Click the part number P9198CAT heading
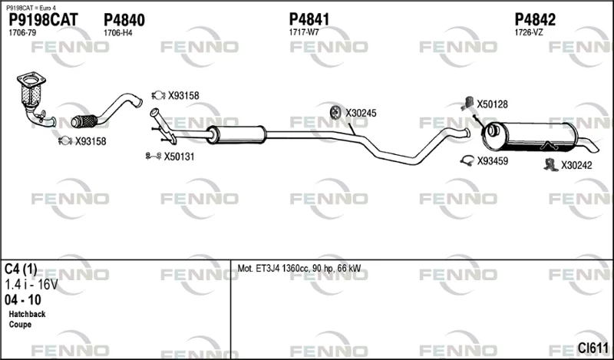click(44, 20)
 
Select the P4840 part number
click(124, 20)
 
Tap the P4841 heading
click(309, 19)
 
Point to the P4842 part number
click(535, 19)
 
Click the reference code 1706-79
click(22, 33)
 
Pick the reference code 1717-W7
click(304, 32)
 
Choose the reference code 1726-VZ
click(529, 32)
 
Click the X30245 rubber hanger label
click(361, 113)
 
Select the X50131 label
click(179, 157)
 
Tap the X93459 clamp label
click(492, 161)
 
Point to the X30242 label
click(576, 165)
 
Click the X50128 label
click(492, 104)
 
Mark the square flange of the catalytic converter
click(31, 81)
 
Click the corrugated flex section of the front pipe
click(85, 121)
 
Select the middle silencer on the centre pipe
click(236, 134)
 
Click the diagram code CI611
click(593, 348)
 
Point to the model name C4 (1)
click(21, 269)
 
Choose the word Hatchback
click(27, 314)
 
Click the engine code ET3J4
click(267, 269)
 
